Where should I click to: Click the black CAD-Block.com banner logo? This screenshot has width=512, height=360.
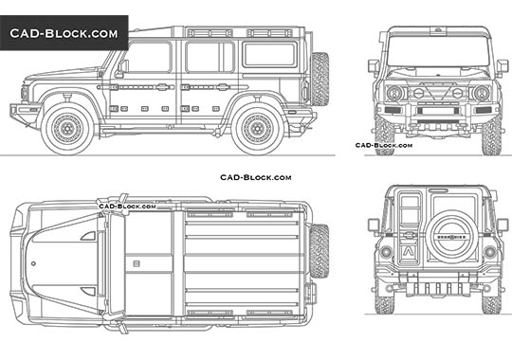coord(64,33)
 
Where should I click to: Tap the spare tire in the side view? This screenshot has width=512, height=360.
coord(320,78)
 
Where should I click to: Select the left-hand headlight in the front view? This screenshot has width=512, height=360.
coord(393,93)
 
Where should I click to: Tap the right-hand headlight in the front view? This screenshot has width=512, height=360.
coord(481,93)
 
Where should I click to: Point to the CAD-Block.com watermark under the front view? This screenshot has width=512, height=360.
coord(383,146)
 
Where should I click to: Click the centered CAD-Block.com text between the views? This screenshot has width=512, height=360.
coord(255,177)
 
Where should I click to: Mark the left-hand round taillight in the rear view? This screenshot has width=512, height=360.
coord(386,252)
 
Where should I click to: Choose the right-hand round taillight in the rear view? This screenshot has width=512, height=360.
coord(489,252)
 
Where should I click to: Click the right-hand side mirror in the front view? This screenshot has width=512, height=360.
coord(503,66)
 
